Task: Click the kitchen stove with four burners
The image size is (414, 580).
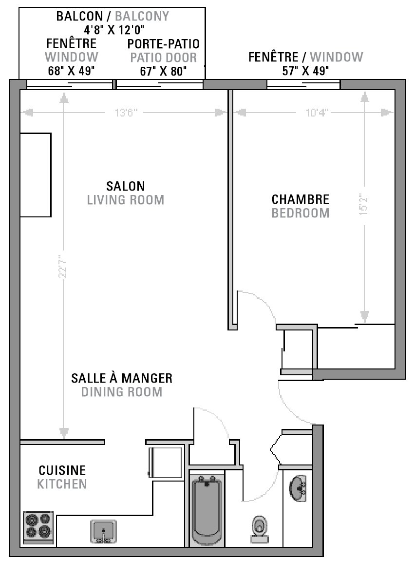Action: coord(38,527)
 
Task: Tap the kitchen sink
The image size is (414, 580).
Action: coord(103,531)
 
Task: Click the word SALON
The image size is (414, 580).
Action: coord(126,186)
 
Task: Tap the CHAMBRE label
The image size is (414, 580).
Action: coord(301,199)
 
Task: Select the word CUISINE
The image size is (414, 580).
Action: coord(62,470)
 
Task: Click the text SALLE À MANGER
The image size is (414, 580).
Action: coord(122,378)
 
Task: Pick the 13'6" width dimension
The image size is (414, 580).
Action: coord(126,113)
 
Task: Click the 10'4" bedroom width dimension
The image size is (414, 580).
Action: coord(317,113)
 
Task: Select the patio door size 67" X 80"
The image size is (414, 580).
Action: coord(163,72)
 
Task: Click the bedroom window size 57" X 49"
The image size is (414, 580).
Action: coord(305,71)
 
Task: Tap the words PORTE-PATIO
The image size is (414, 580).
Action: coord(163,44)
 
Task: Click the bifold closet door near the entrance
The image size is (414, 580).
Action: coord(275,449)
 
